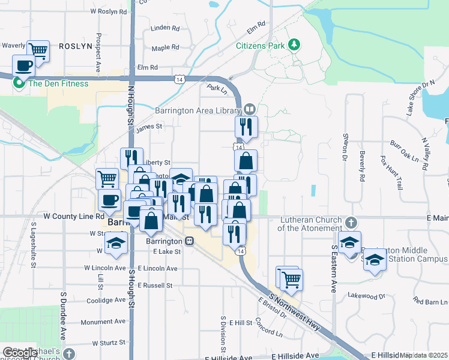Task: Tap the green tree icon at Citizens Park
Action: click(294, 44)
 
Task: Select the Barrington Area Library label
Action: click(197, 110)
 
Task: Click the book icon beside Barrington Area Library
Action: click(249, 109)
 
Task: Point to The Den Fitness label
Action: click(58, 83)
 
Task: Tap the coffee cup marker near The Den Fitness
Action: click(24, 65)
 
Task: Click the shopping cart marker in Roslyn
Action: click(38, 50)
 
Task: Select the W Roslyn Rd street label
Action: click(109, 11)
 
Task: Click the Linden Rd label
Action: click(166, 28)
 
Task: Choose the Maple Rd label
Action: click(166, 48)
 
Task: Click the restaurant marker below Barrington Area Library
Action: click(246, 127)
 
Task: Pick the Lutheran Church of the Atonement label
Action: click(310, 224)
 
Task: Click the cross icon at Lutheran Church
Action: click(351, 221)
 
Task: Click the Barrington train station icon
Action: click(190, 241)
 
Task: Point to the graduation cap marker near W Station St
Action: click(116, 243)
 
